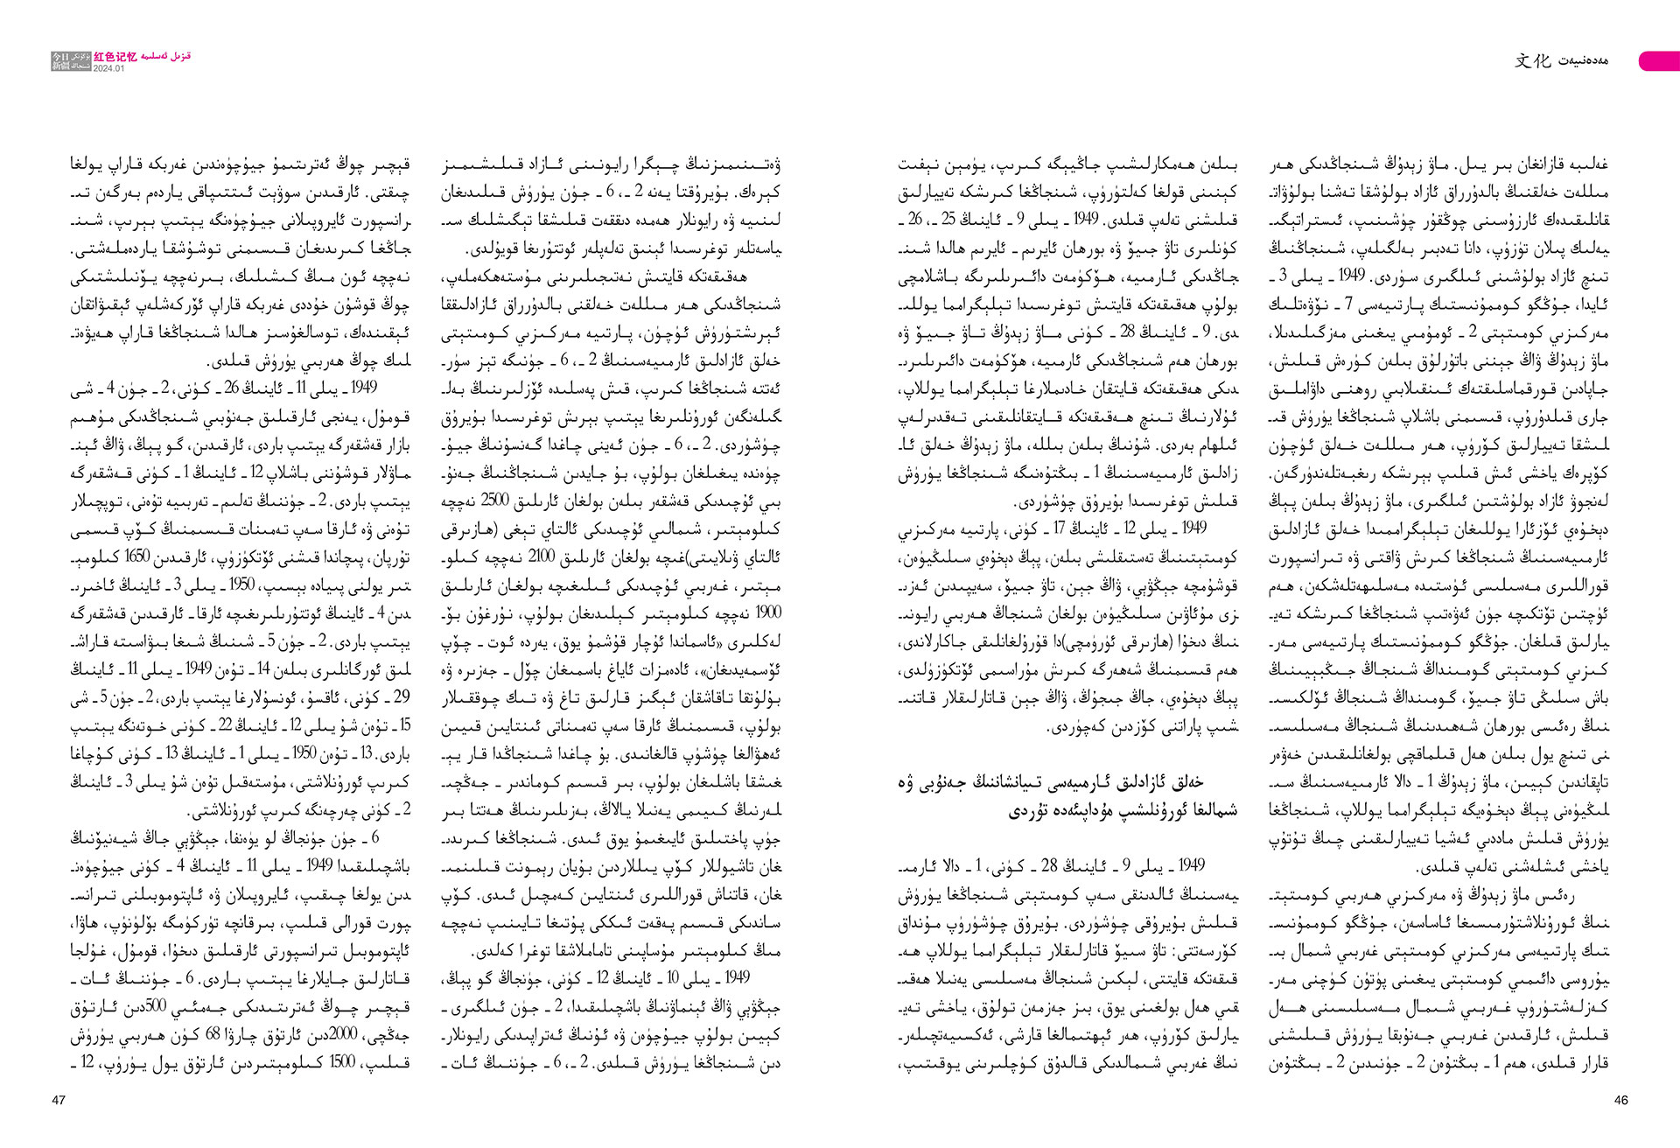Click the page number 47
point(59,1100)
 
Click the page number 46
point(1620,1100)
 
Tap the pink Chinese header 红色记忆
point(115,57)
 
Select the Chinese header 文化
point(1532,60)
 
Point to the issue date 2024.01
point(109,68)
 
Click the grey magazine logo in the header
point(71,60)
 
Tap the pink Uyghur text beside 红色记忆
point(165,56)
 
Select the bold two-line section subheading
point(1067,796)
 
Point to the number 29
point(401,697)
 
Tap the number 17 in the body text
point(1060,528)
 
